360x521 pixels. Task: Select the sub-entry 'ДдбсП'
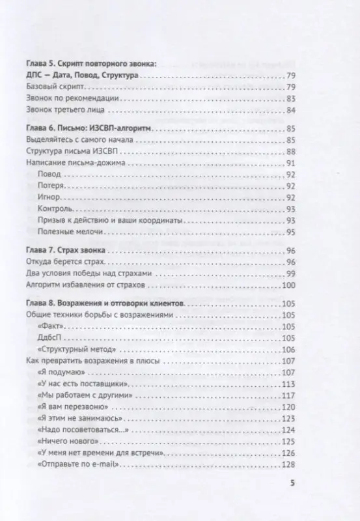(x=50, y=337)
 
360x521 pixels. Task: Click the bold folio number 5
(x=292, y=484)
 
